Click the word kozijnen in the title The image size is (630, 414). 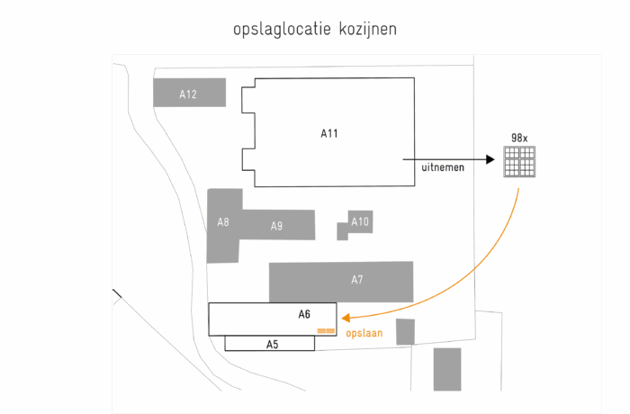click(x=368, y=30)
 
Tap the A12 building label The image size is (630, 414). click(x=188, y=94)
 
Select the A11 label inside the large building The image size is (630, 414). click(x=329, y=133)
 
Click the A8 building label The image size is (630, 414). click(x=223, y=221)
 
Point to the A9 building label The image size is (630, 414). click(x=277, y=226)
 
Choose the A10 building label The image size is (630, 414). click(x=360, y=221)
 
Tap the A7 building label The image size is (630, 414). click(x=357, y=280)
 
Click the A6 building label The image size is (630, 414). click(x=304, y=314)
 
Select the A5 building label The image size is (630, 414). click(x=272, y=344)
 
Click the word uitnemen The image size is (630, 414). click(x=443, y=167)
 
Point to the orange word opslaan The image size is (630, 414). click(x=364, y=332)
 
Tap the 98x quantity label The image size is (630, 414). click(x=519, y=138)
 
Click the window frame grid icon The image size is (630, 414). click(x=519, y=162)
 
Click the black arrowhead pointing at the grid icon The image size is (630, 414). click(x=490, y=159)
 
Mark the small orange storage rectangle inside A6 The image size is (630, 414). click(x=326, y=330)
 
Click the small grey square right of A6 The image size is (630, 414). click(x=405, y=331)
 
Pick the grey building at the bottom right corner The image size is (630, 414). click(x=446, y=369)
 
